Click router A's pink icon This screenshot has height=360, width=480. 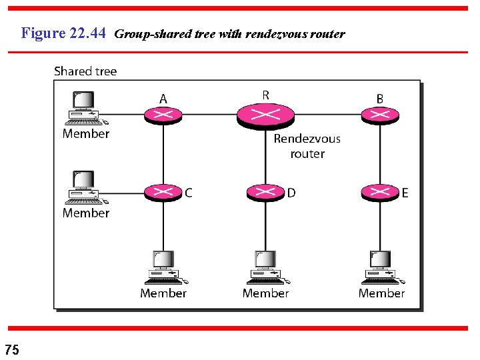pos(163,115)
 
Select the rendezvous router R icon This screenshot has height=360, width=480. pos(265,115)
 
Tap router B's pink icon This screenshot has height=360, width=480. pos(380,115)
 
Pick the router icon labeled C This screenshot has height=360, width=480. pos(163,193)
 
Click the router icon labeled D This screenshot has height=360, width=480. pos(265,193)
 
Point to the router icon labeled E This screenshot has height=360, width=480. pos(380,193)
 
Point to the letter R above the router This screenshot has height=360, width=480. pos(266,95)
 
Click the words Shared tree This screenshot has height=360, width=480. pos(85,71)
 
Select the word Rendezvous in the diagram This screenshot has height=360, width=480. pos(307,139)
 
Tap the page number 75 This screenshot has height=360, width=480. pos(12,349)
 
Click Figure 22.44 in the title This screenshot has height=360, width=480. pos(63,33)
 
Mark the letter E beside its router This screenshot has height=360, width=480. pos(405,193)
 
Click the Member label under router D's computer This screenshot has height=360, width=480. pos(266,293)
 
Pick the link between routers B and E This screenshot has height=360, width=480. pos(380,153)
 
